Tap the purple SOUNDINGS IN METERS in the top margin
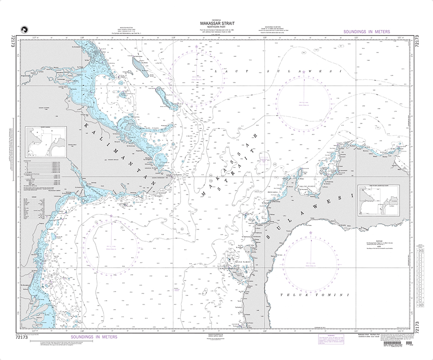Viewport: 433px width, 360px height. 366,32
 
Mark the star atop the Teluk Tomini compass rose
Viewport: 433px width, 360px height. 310,233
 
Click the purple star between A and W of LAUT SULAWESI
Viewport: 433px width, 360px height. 304,71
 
